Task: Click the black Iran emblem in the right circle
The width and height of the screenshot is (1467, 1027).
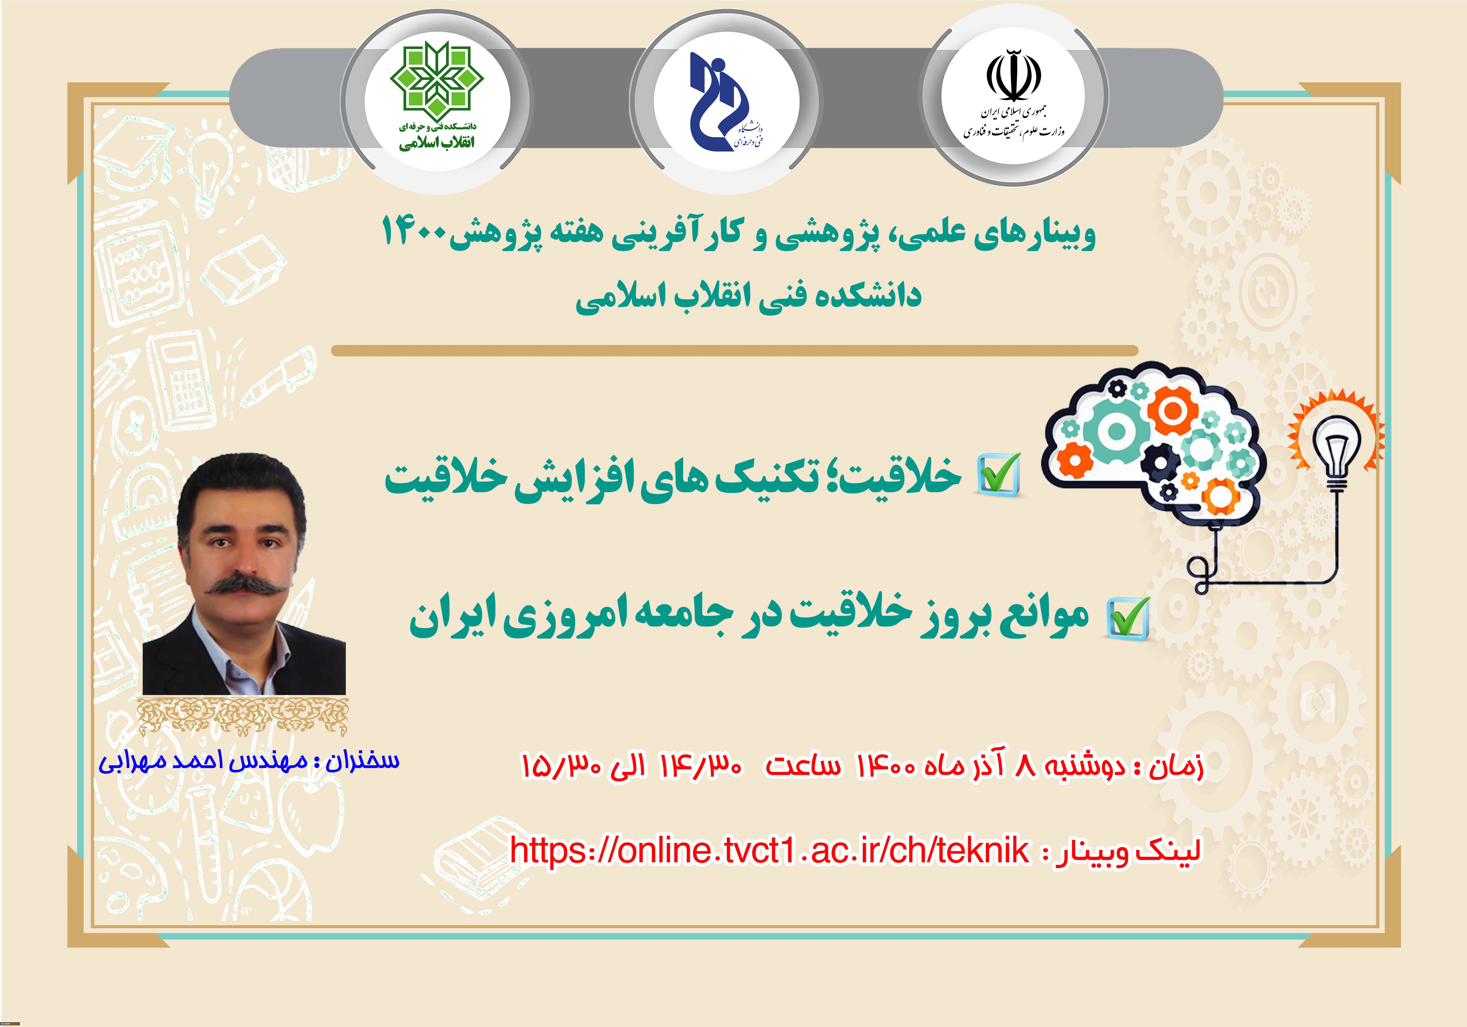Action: (1014, 75)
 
